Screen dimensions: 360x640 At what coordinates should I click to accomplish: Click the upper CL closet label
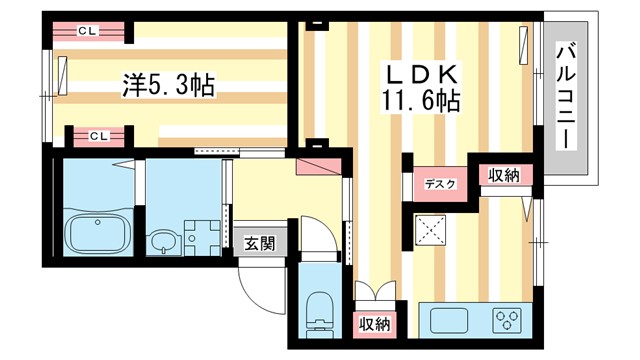pos(87,32)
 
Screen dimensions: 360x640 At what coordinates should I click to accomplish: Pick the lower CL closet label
pos(99,134)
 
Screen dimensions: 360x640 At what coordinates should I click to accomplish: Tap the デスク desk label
pos(439,183)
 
